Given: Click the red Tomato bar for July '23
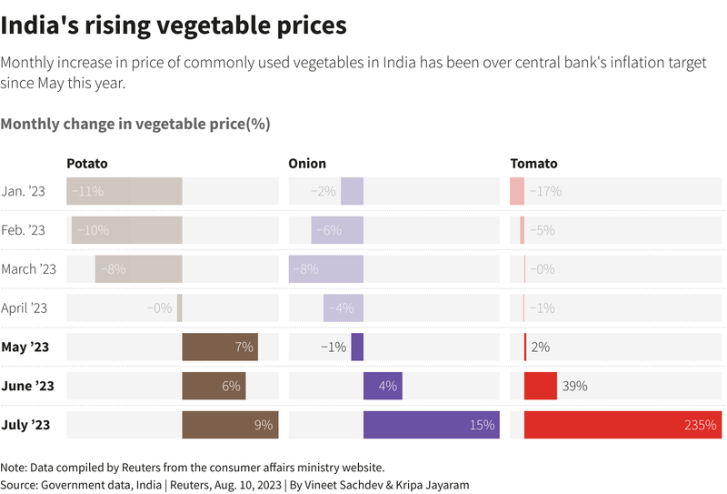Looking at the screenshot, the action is pyautogui.click(x=622, y=425).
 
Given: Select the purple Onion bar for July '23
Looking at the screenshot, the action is pyautogui.click(x=432, y=425).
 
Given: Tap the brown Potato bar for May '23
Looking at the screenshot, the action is pyautogui.click(x=220, y=347).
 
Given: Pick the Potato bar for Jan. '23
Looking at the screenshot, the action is pyautogui.click(x=124, y=191).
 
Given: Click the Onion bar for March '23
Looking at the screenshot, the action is pyautogui.click(x=326, y=268).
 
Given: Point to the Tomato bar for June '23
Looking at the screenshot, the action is pyautogui.click(x=541, y=386).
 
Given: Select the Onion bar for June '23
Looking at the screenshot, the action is pyautogui.click(x=383, y=386).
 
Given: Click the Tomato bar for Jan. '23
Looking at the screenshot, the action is pyautogui.click(x=517, y=191).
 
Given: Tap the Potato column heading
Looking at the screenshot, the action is pyautogui.click(x=87, y=164).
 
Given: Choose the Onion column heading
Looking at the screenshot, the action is pyautogui.click(x=307, y=164).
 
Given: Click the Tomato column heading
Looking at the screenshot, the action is pyautogui.click(x=533, y=164).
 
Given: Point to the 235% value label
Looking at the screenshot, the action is pyautogui.click(x=700, y=425).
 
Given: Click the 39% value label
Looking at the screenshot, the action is pyautogui.click(x=575, y=386).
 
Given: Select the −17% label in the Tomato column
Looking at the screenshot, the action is pyautogui.click(x=546, y=191).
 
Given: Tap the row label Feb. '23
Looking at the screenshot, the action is pyautogui.click(x=24, y=230).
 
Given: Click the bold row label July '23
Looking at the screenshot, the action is pyautogui.click(x=25, y=425).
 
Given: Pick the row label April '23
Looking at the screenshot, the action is pyautogui.click(x=25, y=307).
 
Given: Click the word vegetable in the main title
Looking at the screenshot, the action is pyautogui.click(x=214, y=25).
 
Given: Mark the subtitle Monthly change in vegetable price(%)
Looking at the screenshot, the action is pyautogui.click(x=135, y=124).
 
